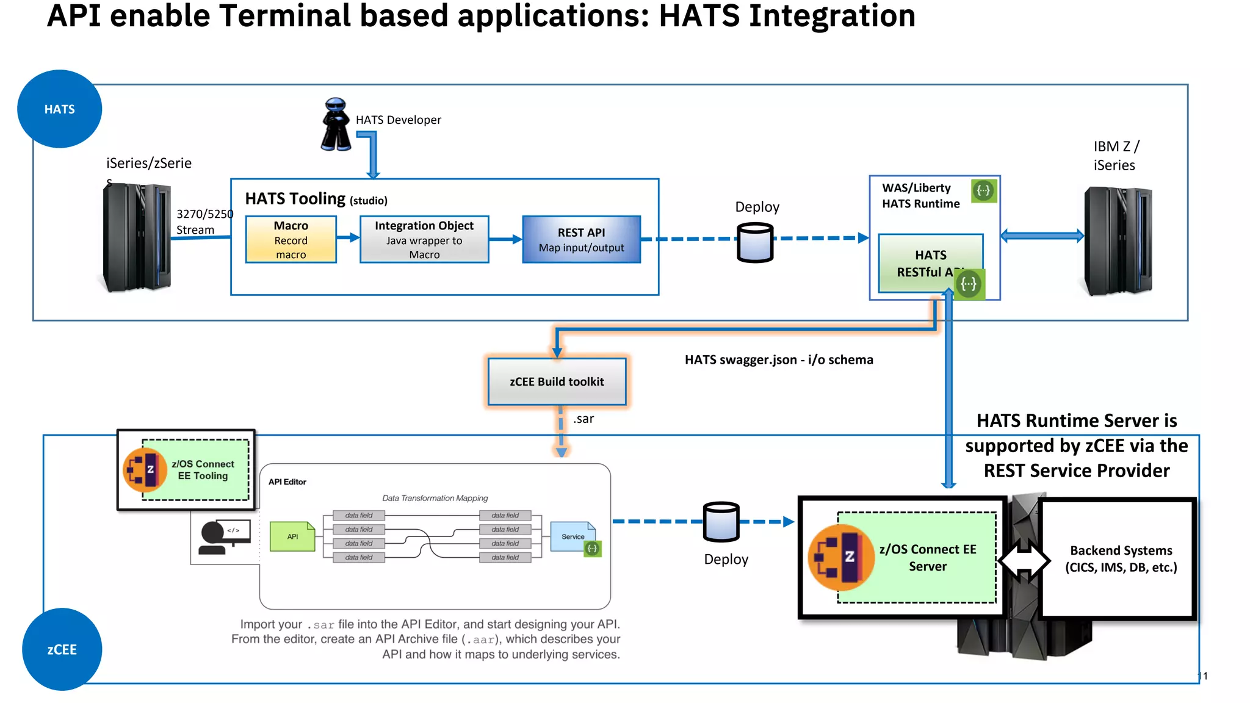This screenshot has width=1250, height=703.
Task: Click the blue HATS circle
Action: (x=59, y=109)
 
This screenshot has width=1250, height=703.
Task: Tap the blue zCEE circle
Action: (x=62, y=649)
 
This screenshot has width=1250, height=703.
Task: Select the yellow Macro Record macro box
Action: (x=291, y=240)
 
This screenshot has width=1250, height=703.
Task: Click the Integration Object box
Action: (x=424, y=240)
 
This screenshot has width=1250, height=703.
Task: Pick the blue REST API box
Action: (x=581, y=240)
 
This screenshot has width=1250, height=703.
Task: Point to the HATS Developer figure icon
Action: (x=336, y=124)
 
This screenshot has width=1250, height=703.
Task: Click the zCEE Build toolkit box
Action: (x=557, y=381)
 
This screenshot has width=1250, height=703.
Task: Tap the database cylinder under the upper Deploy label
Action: (x=755, y=242)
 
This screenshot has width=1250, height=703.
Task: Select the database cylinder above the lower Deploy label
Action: (x=721, y=522)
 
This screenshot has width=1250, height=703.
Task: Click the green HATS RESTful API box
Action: (x=930, y=263)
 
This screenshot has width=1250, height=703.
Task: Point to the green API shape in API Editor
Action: (x=292, y=536)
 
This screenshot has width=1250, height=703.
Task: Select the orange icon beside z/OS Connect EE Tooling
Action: (x=145, y=470)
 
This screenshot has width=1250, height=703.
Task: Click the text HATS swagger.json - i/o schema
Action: (x=779, y=359)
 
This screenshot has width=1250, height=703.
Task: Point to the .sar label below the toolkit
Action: (x=583, y=419)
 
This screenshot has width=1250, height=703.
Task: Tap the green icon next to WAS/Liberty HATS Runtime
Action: (x=983, y=190)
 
